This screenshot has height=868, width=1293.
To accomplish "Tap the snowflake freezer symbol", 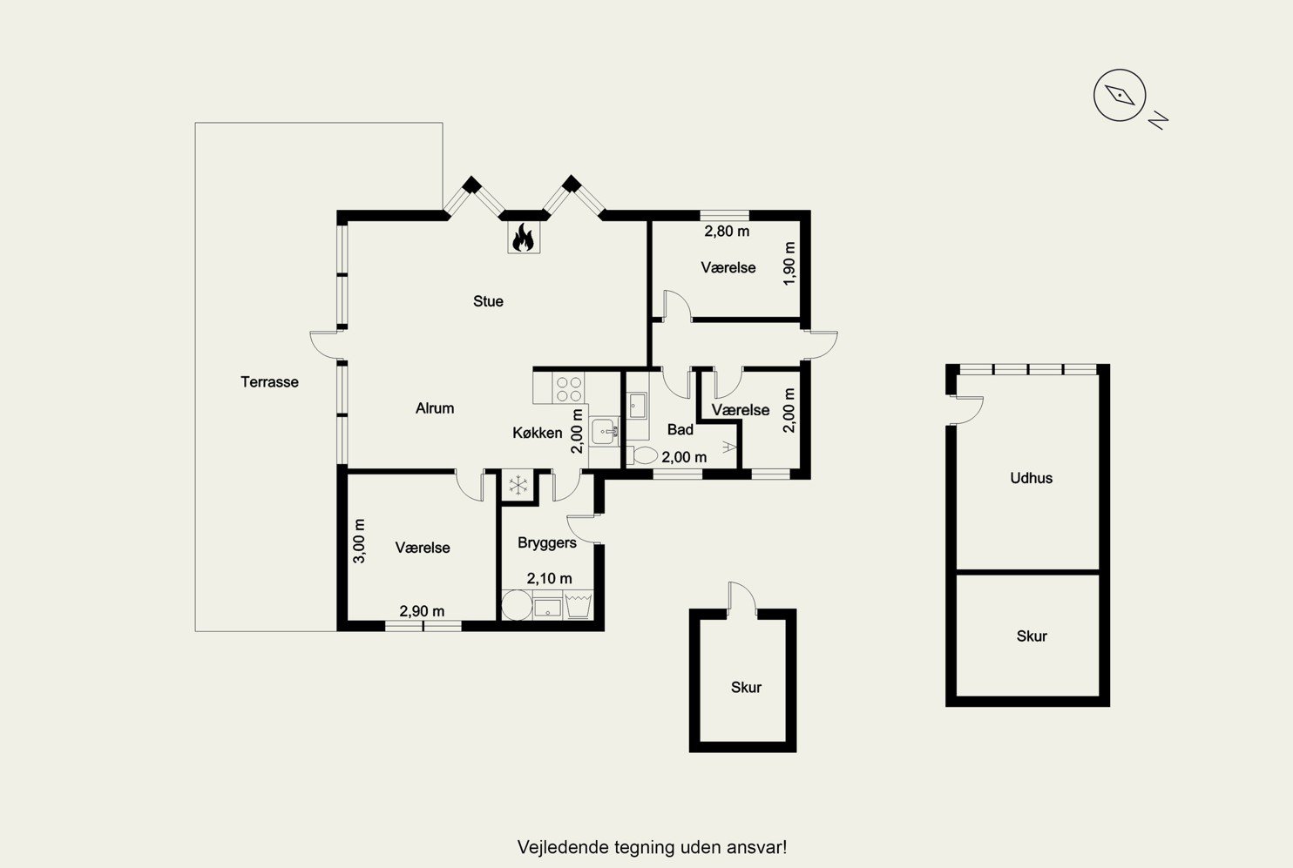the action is tap(518, 485).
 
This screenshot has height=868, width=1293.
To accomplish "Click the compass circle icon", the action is tap(1120, 95).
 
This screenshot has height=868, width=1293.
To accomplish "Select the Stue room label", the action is tap(488, 301).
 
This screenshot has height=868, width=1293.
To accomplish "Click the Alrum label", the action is tap(435, 408).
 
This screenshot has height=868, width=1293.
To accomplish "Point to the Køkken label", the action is tap(537, 433).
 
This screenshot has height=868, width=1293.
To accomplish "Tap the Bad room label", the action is tap(680, 430).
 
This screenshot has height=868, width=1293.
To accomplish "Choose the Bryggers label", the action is tap(546, 543).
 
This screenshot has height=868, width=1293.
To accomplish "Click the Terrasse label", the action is tap(269, 382).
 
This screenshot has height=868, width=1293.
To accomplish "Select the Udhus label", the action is tap(1031, 478).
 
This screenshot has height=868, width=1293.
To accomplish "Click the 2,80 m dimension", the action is tap(727, 232).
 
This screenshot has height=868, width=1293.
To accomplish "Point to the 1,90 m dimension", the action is tap(789, 263).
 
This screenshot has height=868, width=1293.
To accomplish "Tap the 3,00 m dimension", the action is tap(359, 541).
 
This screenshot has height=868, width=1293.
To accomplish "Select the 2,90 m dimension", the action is tap(422, 611).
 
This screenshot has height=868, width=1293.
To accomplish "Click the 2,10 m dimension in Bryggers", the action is tap(550, 578).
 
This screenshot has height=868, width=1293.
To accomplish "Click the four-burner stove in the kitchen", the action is tap(569, 388).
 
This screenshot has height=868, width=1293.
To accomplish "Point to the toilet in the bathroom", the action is tap(642, 455).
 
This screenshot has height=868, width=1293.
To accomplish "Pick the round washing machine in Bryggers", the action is tap(517, 605).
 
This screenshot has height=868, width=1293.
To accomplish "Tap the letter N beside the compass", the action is tap(1158, 120).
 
